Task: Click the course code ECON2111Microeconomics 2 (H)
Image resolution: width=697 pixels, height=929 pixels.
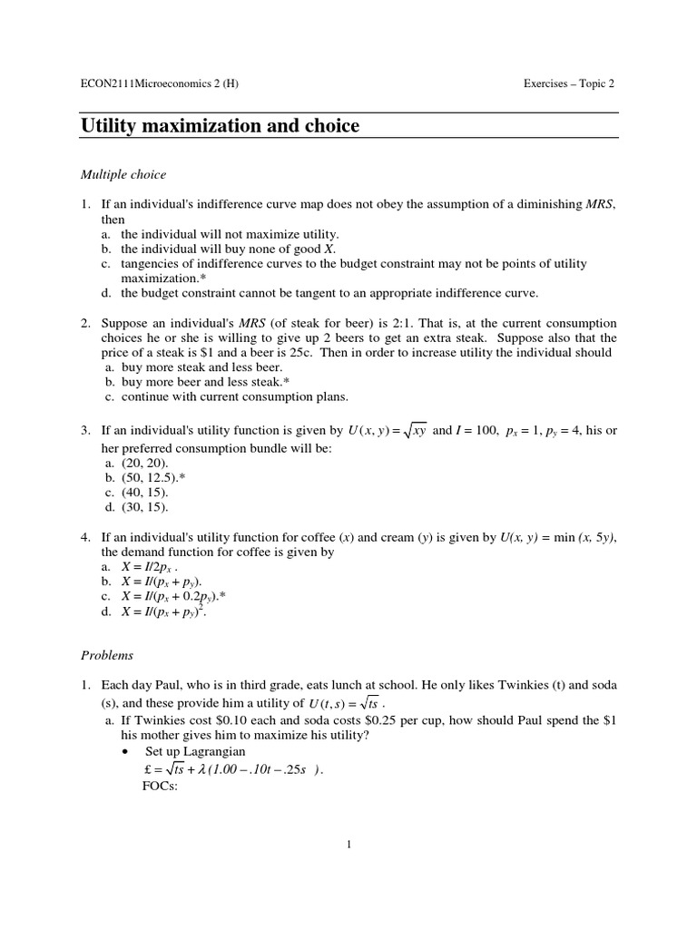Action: (x=160, y=84)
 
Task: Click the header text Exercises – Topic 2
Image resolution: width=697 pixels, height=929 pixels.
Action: (x=569, y=84)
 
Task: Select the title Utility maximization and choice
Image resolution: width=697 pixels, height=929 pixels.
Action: (x=221, y=126)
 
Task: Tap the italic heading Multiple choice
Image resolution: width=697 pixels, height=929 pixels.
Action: (x=123, y=174)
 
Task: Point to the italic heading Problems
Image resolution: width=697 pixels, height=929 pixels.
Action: (x=107, y=655)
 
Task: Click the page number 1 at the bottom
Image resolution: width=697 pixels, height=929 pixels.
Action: (x=348, y=845)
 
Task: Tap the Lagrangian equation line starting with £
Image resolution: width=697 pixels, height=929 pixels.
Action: (x=227, y=770)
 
